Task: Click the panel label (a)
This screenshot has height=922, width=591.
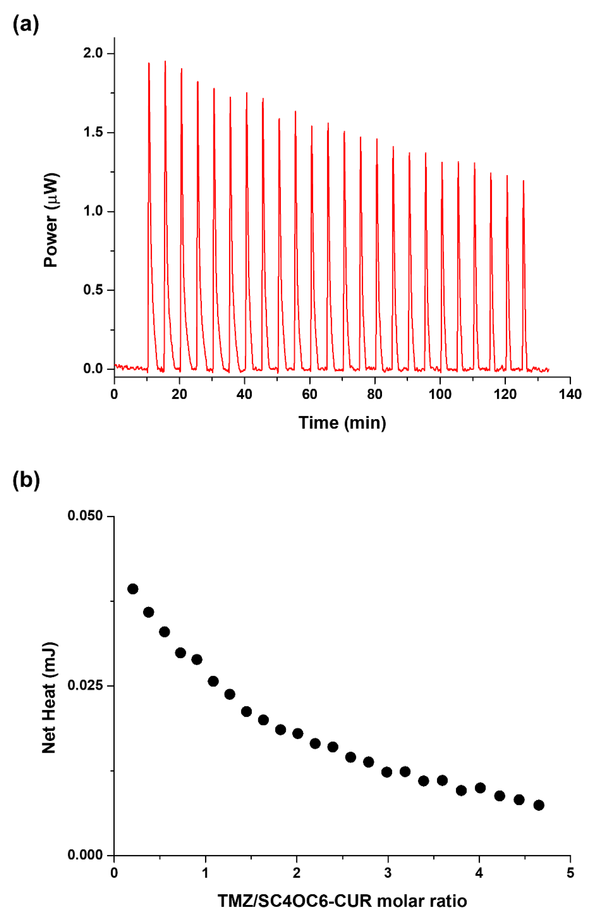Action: (26, 25)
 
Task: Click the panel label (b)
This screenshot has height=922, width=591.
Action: (26, 480)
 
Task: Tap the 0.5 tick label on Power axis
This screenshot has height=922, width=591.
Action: (93, 290)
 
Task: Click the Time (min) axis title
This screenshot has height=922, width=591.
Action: (342, 423)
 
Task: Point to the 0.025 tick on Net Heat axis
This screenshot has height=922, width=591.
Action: (85, 685)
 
